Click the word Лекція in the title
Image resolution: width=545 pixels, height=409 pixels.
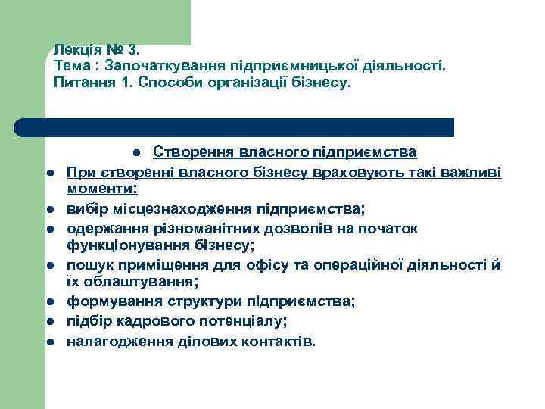pyautogui.click(x=75, y=50)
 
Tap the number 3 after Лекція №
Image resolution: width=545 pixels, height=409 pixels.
pyautogui.click(x=134, y=50)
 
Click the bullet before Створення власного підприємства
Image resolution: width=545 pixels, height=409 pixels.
pyautogui.click(x=134, y=153)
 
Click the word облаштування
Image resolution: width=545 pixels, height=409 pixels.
pyautogui.click(x=140, y=283)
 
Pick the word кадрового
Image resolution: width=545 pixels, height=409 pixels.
pyautogui.click(x=151, y=320)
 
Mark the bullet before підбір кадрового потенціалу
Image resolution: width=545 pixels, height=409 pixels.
pyautogui.click(x=48, y=322)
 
